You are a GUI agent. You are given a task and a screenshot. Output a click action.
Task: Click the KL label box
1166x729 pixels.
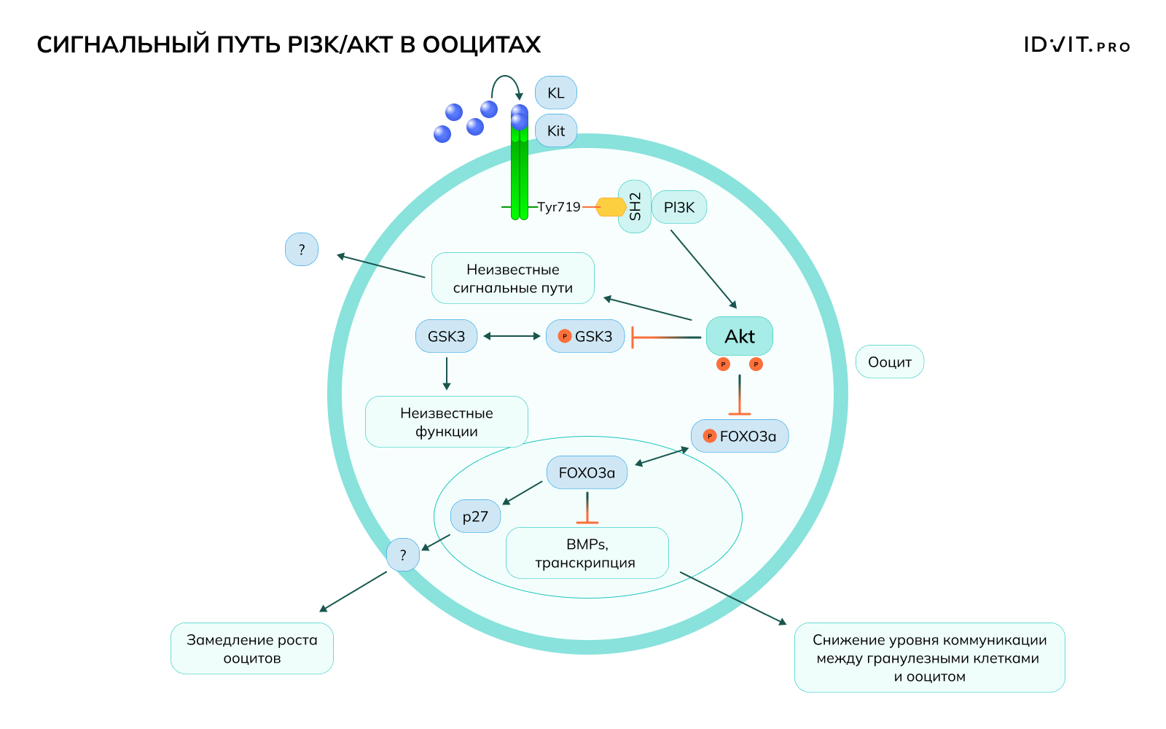point(556,93)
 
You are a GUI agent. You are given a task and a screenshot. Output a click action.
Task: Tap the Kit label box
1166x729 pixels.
point(556,131)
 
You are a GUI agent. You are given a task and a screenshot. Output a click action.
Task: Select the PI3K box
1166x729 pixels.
point(679,208)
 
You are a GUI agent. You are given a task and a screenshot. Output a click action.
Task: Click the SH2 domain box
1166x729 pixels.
point(635,207)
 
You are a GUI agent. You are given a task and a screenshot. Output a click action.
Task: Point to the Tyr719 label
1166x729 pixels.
point(559,207)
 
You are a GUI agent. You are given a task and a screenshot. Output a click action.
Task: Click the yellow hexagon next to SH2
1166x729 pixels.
point(611,207)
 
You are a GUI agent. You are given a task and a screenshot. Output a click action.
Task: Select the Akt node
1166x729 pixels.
point(740,336)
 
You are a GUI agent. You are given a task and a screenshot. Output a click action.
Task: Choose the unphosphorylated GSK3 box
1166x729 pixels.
point(446,336)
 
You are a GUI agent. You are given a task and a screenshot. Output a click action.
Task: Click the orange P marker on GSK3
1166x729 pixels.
point(564,336)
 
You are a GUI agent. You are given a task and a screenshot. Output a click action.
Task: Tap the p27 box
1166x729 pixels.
point(475,517)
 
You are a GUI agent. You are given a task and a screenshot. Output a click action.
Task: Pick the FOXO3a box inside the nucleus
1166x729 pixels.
point(587,473)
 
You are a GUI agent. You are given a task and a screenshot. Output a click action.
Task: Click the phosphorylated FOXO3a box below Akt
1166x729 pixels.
point(740,436)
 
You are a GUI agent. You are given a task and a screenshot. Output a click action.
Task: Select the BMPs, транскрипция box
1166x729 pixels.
point(587,553)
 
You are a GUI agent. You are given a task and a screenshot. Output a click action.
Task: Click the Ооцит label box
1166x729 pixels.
point(890,362)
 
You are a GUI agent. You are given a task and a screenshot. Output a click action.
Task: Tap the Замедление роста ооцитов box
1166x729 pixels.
point(252,649)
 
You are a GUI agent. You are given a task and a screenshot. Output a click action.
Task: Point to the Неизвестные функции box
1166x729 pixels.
point(447,422)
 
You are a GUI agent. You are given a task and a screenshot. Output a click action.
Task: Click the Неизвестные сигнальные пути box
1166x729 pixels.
point(513,278)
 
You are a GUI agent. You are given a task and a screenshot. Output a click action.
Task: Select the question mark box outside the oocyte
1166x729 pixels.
point(302,250)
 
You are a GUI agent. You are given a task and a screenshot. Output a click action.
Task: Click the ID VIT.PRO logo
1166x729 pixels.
point(1076,45)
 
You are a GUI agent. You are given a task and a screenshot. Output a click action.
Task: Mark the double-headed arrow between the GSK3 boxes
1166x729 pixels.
point(512,336)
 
